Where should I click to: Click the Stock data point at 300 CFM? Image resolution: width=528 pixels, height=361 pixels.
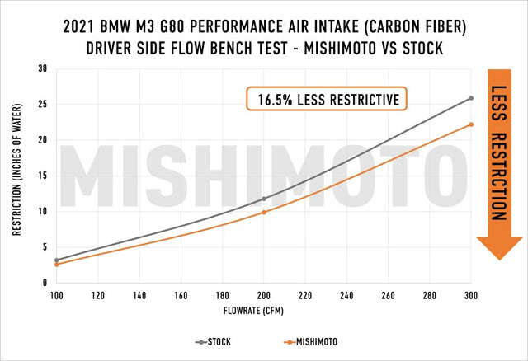pos(471,98)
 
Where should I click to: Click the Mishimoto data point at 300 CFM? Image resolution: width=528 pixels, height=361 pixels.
pos(471,124)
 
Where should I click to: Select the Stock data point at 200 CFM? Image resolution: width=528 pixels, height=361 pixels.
pos(264,199)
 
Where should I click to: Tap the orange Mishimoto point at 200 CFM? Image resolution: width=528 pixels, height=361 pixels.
pos(264,213)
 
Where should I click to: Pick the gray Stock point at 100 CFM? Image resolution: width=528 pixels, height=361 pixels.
pos(57,260)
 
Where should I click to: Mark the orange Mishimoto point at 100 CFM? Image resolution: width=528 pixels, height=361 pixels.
pos(57,265)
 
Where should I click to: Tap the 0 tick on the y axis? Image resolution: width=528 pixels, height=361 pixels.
pos(44,283)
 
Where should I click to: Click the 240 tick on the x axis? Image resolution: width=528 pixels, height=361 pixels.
pos(346,295)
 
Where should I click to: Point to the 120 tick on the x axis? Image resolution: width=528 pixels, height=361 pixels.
pos(98,295)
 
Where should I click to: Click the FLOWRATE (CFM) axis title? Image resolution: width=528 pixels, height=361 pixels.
pos(264,313)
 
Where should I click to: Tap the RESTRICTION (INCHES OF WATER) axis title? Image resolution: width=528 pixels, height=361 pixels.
pos(16,176)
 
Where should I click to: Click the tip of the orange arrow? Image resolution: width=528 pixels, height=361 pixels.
pos(499,259)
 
